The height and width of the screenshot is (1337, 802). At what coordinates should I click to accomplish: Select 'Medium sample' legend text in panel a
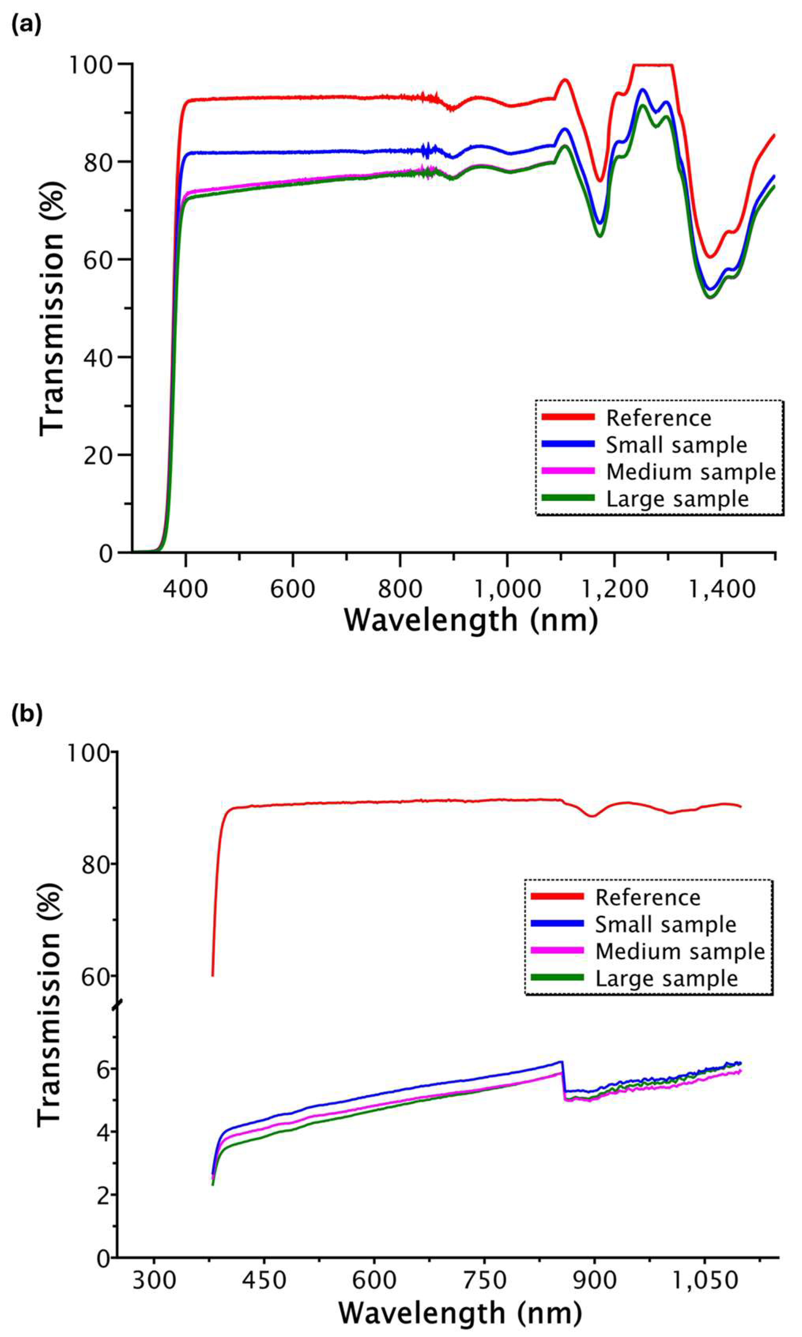pyautogui.click(x=691, y=472)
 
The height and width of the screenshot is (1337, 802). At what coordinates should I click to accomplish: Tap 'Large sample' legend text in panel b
pyautogui.click(x=666, y=978)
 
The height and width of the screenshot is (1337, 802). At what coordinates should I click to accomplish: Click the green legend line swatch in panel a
pyautogui.click(x=567, y=498)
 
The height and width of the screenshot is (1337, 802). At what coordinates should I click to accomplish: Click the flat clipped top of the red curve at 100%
pyautogui.click(x=653, y=65)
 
